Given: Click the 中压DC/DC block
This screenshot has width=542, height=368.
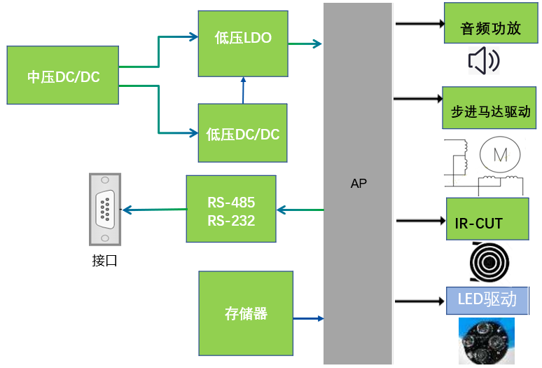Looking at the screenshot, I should tap(62, 76).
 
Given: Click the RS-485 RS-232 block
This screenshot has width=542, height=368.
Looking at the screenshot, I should tap(231, 209).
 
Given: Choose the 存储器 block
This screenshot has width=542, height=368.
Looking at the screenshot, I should tap(246, 313).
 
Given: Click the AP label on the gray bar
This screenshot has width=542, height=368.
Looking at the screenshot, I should tap(359, 184).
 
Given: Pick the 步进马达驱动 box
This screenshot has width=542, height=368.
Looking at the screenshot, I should tap(489, 108).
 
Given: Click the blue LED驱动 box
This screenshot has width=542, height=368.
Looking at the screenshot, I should tap(487, 300).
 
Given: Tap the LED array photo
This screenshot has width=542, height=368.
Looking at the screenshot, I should tap(487, 341).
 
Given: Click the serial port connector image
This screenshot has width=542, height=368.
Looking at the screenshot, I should tap(105, 208).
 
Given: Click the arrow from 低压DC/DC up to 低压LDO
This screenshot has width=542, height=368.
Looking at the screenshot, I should tap(243, 90).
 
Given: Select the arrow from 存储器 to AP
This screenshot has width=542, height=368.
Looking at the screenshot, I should tap(308, 319).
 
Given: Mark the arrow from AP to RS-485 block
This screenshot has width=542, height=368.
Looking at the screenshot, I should tap(300, 209).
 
